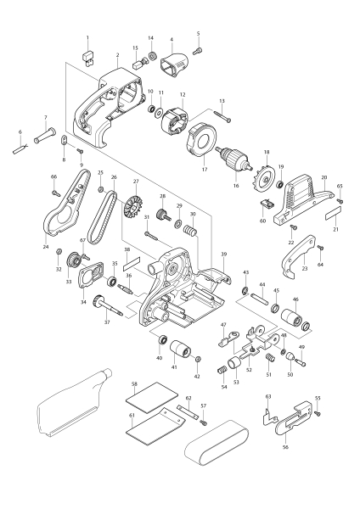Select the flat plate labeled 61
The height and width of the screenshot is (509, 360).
pyautogui.click(x=149, y=428)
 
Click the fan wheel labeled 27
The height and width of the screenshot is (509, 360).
pyautogui.click(x=135, y=204)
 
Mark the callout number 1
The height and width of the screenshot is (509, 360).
pyautogui.click(x=87, y=38)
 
